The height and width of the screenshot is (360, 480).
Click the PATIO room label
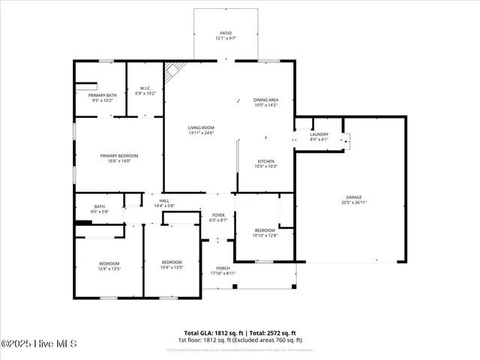click(226, 34)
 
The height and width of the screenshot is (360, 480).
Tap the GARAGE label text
click(354, 197)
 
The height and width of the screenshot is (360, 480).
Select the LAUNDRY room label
click(319, 134)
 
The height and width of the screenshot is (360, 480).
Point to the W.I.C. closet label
click(145, 88)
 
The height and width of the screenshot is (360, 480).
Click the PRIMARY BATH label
click(103, 95)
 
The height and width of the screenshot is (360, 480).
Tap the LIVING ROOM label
click(201, 127)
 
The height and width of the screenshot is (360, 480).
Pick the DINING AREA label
click(265, 100)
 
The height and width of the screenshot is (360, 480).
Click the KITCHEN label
click(267, 161)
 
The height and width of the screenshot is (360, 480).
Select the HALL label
click(163, 200)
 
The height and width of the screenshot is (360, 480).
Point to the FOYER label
click(218, 215)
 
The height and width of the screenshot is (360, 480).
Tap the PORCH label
click(223, 268)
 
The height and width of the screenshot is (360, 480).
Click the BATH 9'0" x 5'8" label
click(100, 207)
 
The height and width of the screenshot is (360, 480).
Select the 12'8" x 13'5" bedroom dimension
click(109, 268)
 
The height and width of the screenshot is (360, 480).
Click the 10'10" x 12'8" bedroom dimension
click(265, 235)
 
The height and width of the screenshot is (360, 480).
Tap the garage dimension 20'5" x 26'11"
click(354, 202)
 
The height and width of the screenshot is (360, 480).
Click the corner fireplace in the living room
click(174, 70)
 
